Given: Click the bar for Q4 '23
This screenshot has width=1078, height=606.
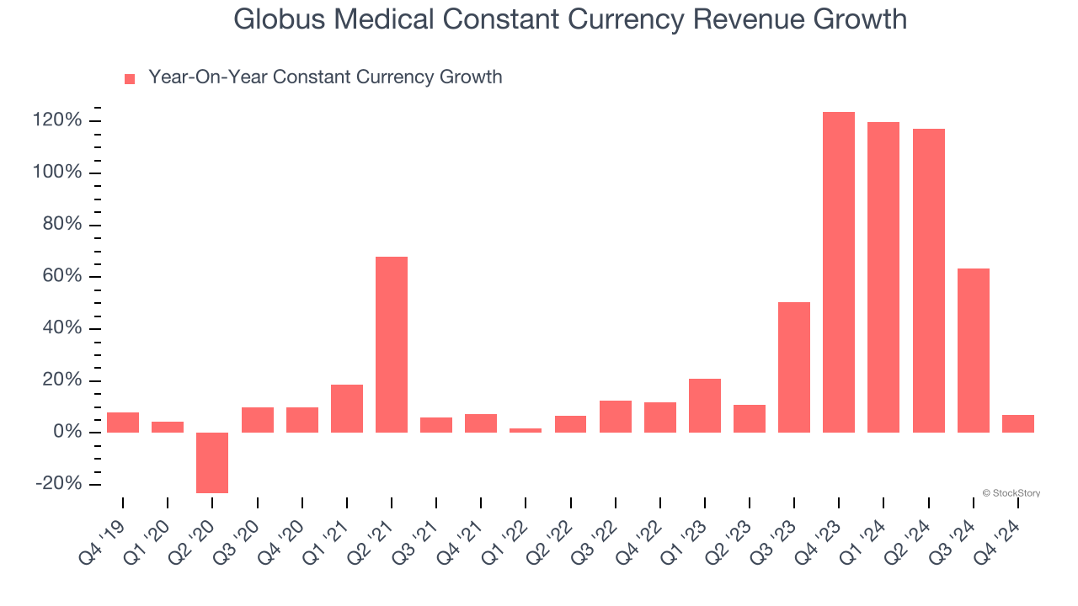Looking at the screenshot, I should [x=839, y=272].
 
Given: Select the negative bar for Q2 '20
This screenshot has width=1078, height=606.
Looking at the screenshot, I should [x=212, y=462].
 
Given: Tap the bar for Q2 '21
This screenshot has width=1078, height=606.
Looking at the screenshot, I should [x=392, y=344].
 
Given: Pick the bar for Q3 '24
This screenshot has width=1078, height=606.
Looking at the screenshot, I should [x=974, y=350].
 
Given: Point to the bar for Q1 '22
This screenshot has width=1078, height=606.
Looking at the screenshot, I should [x=526, y=430].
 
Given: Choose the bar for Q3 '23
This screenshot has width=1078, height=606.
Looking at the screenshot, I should [x=794, y=367].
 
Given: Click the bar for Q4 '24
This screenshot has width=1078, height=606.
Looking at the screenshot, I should [x=1018, y=423].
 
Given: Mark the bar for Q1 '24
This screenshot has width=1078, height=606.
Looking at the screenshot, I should [x=883, y=277].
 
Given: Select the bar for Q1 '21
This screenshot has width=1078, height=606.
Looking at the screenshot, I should [x=347, y=408].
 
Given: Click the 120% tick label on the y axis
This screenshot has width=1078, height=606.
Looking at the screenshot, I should [x=59, y=121].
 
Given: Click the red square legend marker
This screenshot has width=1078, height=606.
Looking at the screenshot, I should [x=130, y=79].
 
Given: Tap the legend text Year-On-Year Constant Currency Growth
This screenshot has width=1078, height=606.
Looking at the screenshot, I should [x=325, y=77].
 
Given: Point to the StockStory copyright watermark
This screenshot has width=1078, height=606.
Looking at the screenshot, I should [x=1011, y=493].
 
